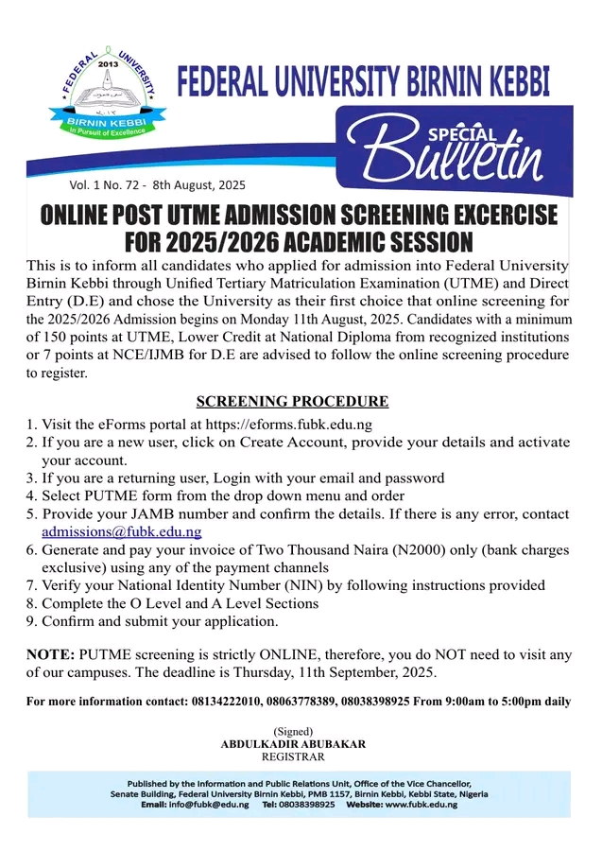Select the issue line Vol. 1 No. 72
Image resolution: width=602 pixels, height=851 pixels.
click(105, 184)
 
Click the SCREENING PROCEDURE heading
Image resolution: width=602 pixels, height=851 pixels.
click(292, 401)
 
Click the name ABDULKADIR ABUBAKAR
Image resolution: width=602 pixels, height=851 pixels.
click(293, 744)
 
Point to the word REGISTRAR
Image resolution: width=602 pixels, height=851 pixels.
click(293, 756)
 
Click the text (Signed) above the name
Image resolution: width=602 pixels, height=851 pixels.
click(293, 732)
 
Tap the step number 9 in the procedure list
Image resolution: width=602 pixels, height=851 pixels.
click(30, 621)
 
